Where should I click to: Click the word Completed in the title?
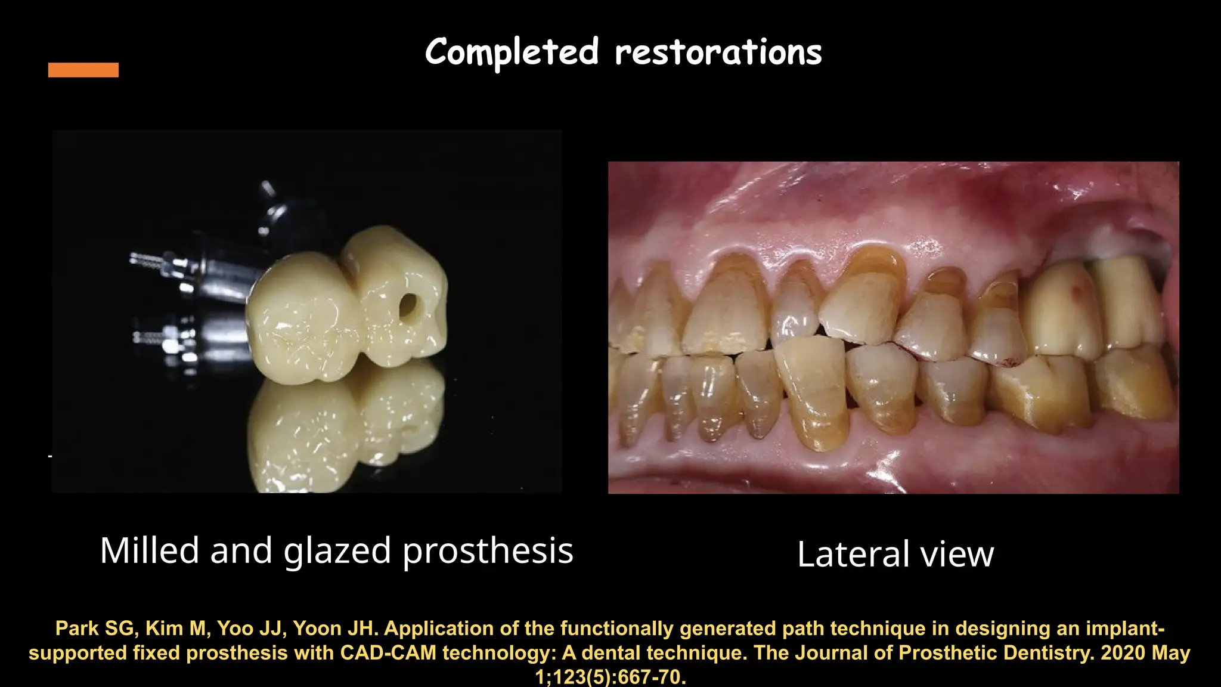[512, 52]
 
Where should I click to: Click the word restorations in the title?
[718, 52]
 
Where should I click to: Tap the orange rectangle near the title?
[83, 70]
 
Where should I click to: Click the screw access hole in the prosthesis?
[408, 305]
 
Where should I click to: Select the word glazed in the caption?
[337, 551]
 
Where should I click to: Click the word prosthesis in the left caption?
[488, 551]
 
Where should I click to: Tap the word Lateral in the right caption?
[853, 554]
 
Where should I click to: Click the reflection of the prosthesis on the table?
[346, 429]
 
